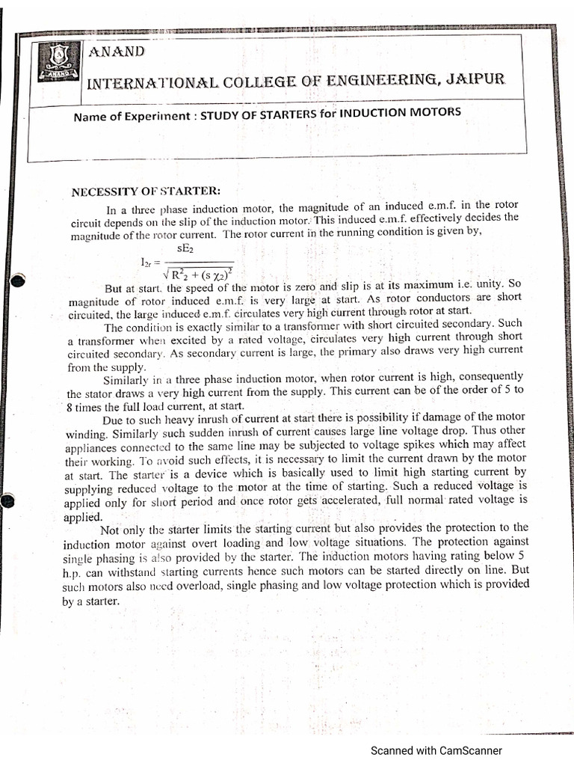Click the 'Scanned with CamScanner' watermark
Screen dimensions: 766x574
click(x=436, y=751)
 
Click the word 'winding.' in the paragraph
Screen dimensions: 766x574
click(x=87, y=432)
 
